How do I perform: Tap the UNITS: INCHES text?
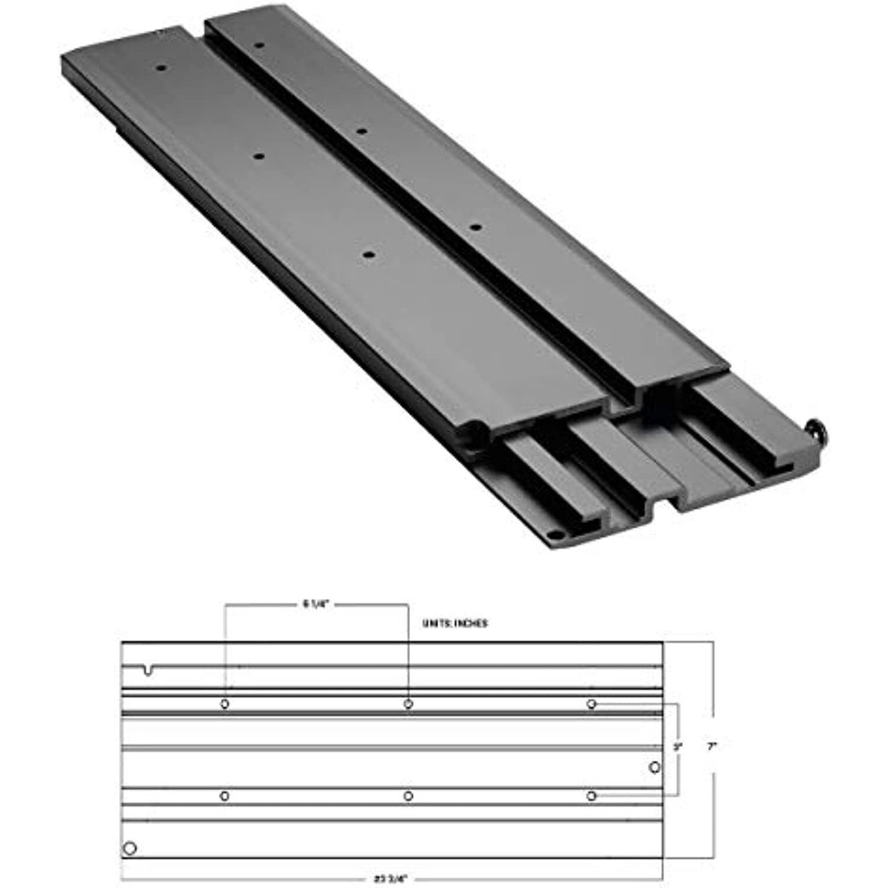point(455,623)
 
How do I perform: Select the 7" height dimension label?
point(712,747)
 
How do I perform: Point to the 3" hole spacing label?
point(678,748)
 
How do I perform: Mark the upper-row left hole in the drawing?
point(225,704)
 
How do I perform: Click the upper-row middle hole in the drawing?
point(408,704)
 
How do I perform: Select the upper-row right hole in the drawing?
point(591,704)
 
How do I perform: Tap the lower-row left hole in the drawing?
point(225,796)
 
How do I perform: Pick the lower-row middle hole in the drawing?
point(408,796)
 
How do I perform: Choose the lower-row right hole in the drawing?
point(591,796)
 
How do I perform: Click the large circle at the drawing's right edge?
point(654,767)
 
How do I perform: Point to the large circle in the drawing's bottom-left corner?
point(130,849)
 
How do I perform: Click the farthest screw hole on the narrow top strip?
point(259,45)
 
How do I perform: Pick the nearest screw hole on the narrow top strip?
point(474,227)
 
